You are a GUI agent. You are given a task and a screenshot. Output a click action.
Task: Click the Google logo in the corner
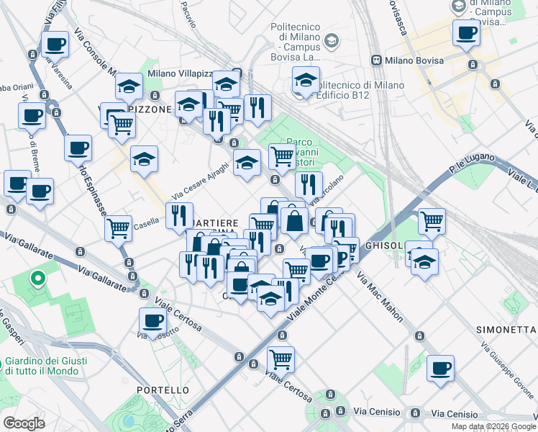pyautogui.click(x=24, y=423)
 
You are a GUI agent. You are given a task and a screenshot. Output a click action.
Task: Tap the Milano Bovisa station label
pyautogui.click(x=414, y=60)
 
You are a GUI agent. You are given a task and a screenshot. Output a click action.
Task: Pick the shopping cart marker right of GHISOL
pyautogui.click(x=432, y=221)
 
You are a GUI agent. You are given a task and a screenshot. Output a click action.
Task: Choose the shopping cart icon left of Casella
pyautogui.click(x=119, y=228)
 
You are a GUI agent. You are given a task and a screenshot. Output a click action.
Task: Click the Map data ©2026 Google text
pyautogui.click(x=493, y=426)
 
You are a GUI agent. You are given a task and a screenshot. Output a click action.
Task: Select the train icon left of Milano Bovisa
pyautogui.click(x=375, y=60)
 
